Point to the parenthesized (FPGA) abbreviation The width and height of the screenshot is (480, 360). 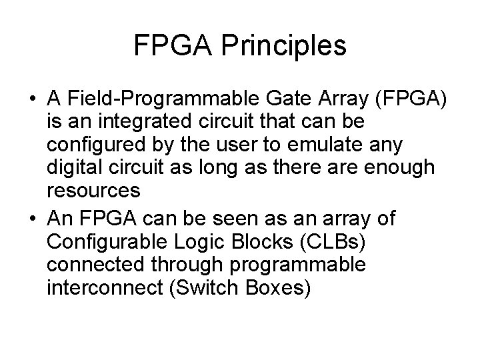point(411,100)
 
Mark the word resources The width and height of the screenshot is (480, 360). point(93,190)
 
